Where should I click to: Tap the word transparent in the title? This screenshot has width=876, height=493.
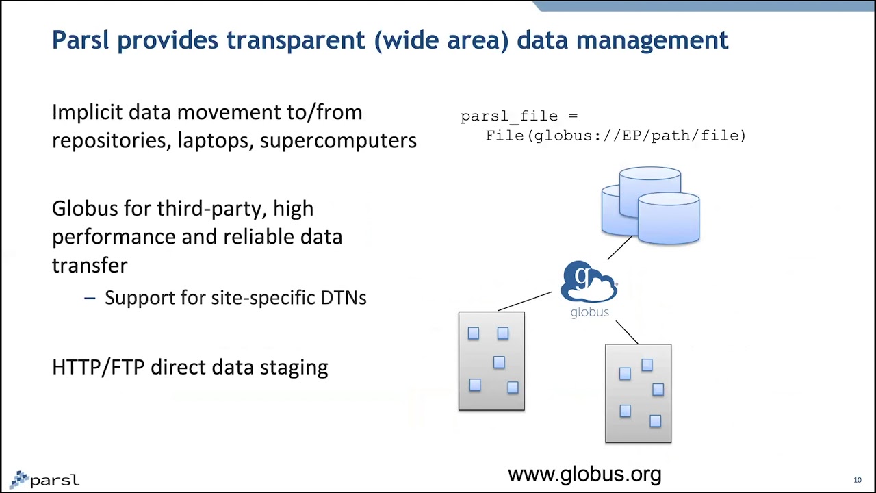click(x=296, y=40)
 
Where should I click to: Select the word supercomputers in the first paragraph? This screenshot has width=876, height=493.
click(x=338, y=140)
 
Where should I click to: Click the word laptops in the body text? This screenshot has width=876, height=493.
click(x=215, y=140)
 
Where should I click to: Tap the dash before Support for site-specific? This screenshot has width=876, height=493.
click(x=90, y=298)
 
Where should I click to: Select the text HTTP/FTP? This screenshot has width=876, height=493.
click(x=98, y=367)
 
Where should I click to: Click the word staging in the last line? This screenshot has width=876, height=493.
click(x=296, y=368)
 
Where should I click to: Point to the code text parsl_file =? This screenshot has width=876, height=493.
click(x=519, y=116)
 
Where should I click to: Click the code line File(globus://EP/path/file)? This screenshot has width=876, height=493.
click(x=615, y=136)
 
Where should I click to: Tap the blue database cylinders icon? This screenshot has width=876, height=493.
click(x=650, y=205)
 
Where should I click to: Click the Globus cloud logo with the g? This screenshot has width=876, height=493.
click(x=589, y=281)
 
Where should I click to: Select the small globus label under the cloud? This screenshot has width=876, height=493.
click(x=589, y=312)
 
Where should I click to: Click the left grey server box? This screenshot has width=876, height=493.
click(x=491, y=362)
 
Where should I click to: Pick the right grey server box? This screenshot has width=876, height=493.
click(x=638, y=394)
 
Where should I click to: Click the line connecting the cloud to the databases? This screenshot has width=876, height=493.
click(x=620, y=248)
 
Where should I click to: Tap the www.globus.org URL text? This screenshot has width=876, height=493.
click(x=584, y=474)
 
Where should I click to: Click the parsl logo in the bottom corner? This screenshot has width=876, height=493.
click(x=45, y=479)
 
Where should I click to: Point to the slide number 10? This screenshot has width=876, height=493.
click(x=857, y=480)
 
